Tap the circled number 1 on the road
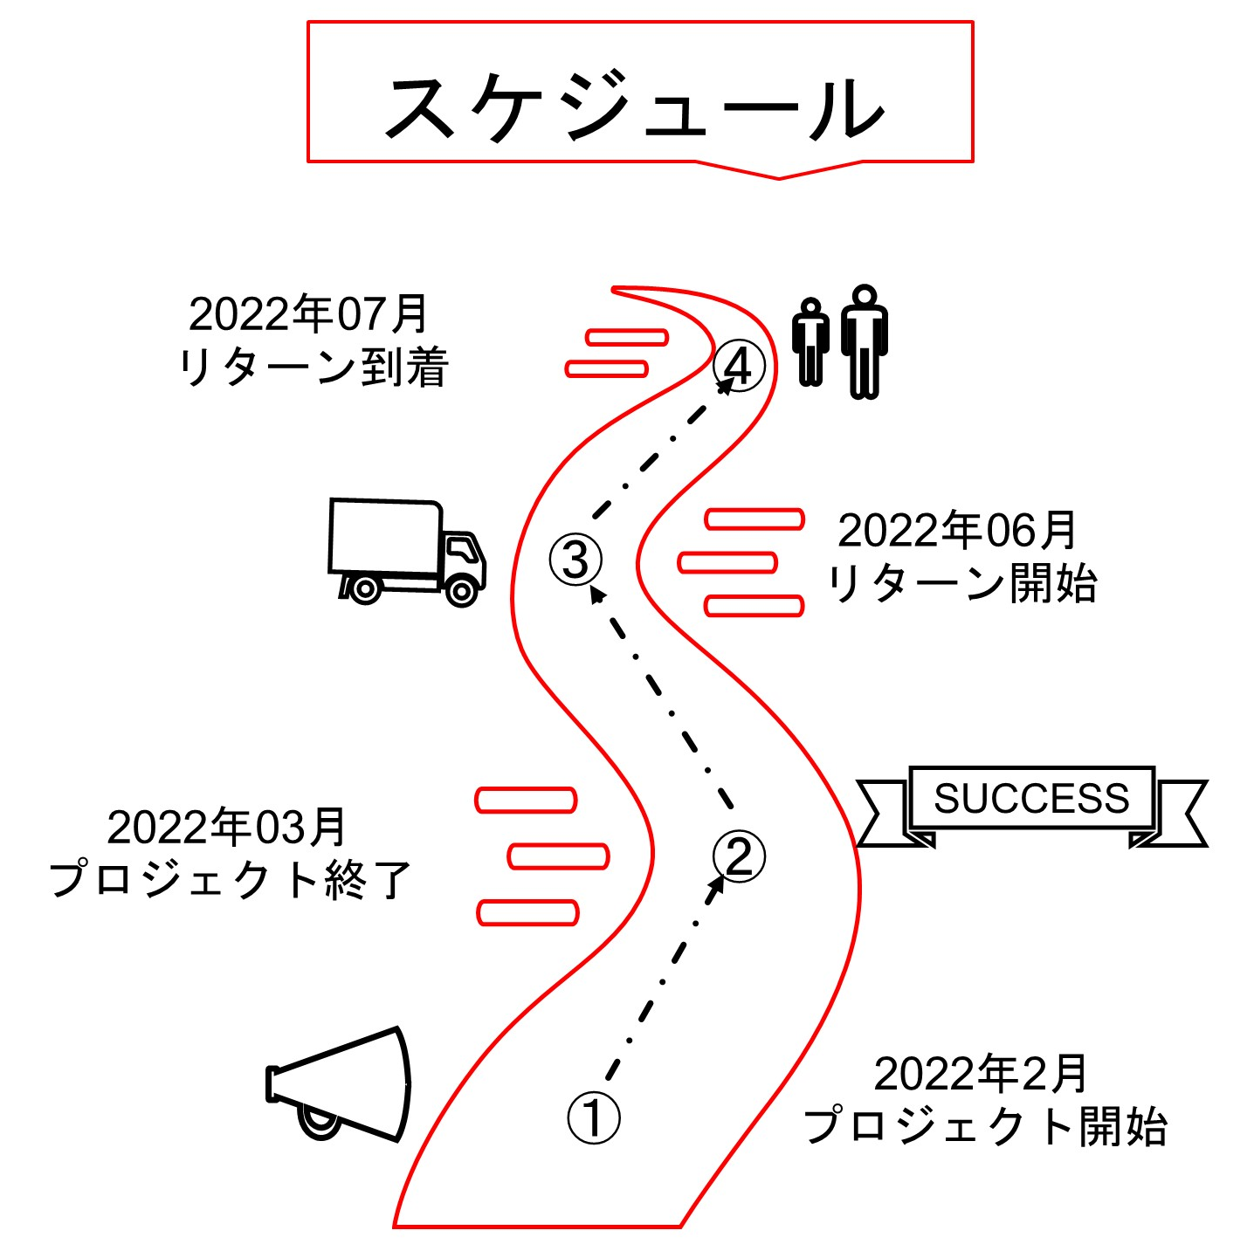coord(594,1117)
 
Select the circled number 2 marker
coord(739,856)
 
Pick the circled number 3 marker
coord(575,560)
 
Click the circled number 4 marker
coord(739,366)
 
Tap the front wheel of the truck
coord(461,591)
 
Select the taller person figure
coord(864,341)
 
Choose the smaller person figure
coord(810,341)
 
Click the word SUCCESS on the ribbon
coord(1031,798)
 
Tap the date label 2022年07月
coord(308,314)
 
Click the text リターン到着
coord(313,367)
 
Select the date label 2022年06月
coord(957,530)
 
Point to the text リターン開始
coord(962,582)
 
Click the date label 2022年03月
coord(226,827)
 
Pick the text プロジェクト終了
coord(230,879)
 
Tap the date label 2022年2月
coord(980,1074)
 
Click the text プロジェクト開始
coord(985,1126)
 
